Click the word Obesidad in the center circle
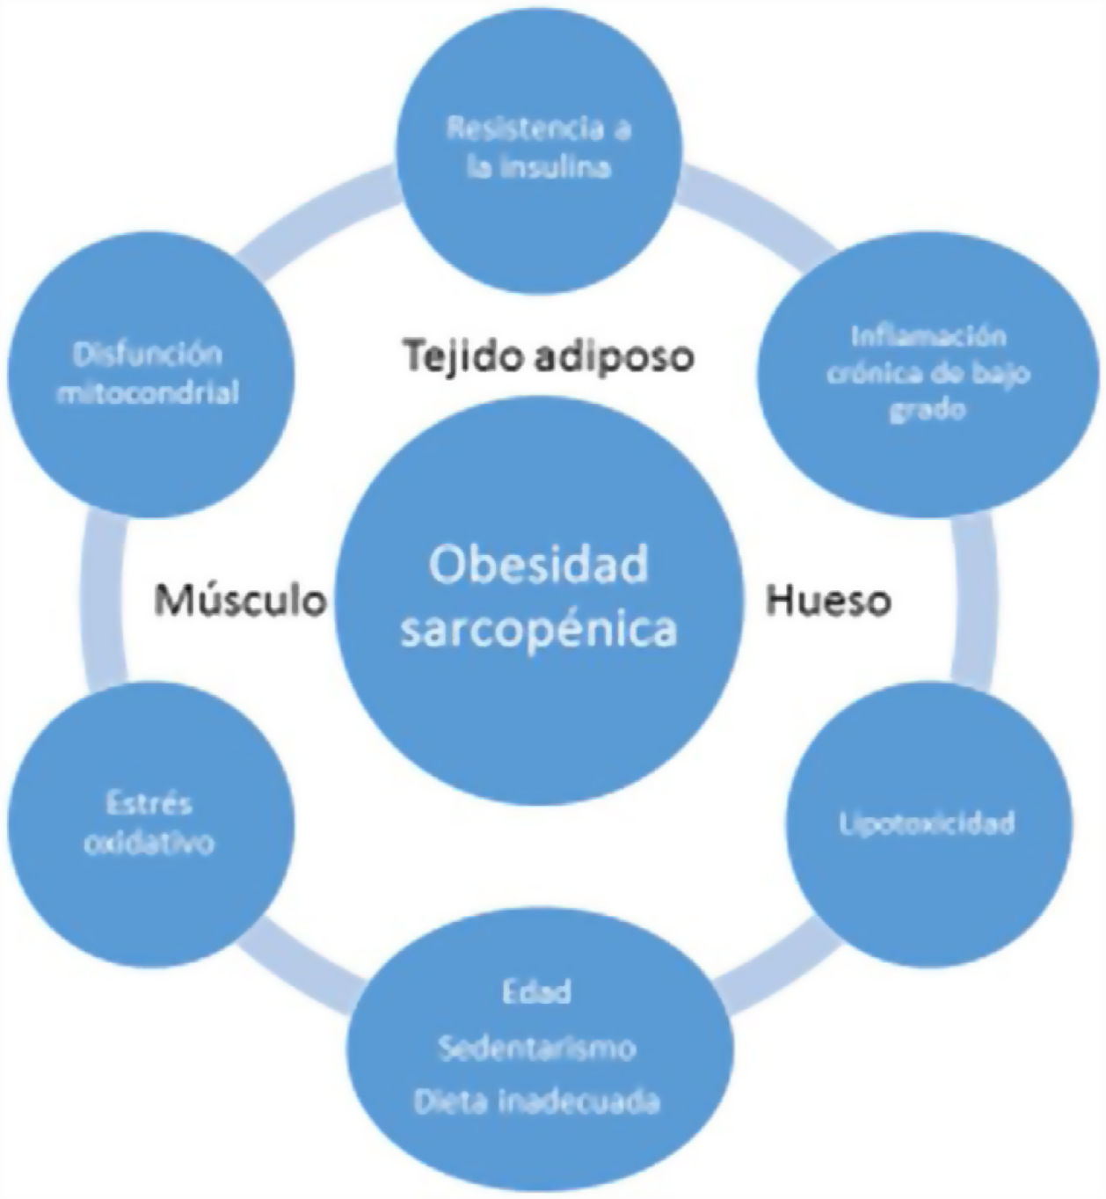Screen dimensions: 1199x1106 (x=538, y=565)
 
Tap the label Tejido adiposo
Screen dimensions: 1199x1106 (x=549, y=356)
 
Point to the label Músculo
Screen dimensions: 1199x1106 (x=240, y=601)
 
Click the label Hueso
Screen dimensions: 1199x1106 (x=828, y=601)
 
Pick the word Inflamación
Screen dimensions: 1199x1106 (x=928, y=336)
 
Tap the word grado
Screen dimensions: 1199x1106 (x=928, y=410)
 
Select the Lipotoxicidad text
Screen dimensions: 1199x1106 (x=927, y=823)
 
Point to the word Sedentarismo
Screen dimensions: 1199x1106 (x=536, y=1048)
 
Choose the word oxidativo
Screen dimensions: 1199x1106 (x=149, y=843)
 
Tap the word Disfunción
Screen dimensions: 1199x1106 (x=148, y=355)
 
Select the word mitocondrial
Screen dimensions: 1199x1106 (x=148, y=393)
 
